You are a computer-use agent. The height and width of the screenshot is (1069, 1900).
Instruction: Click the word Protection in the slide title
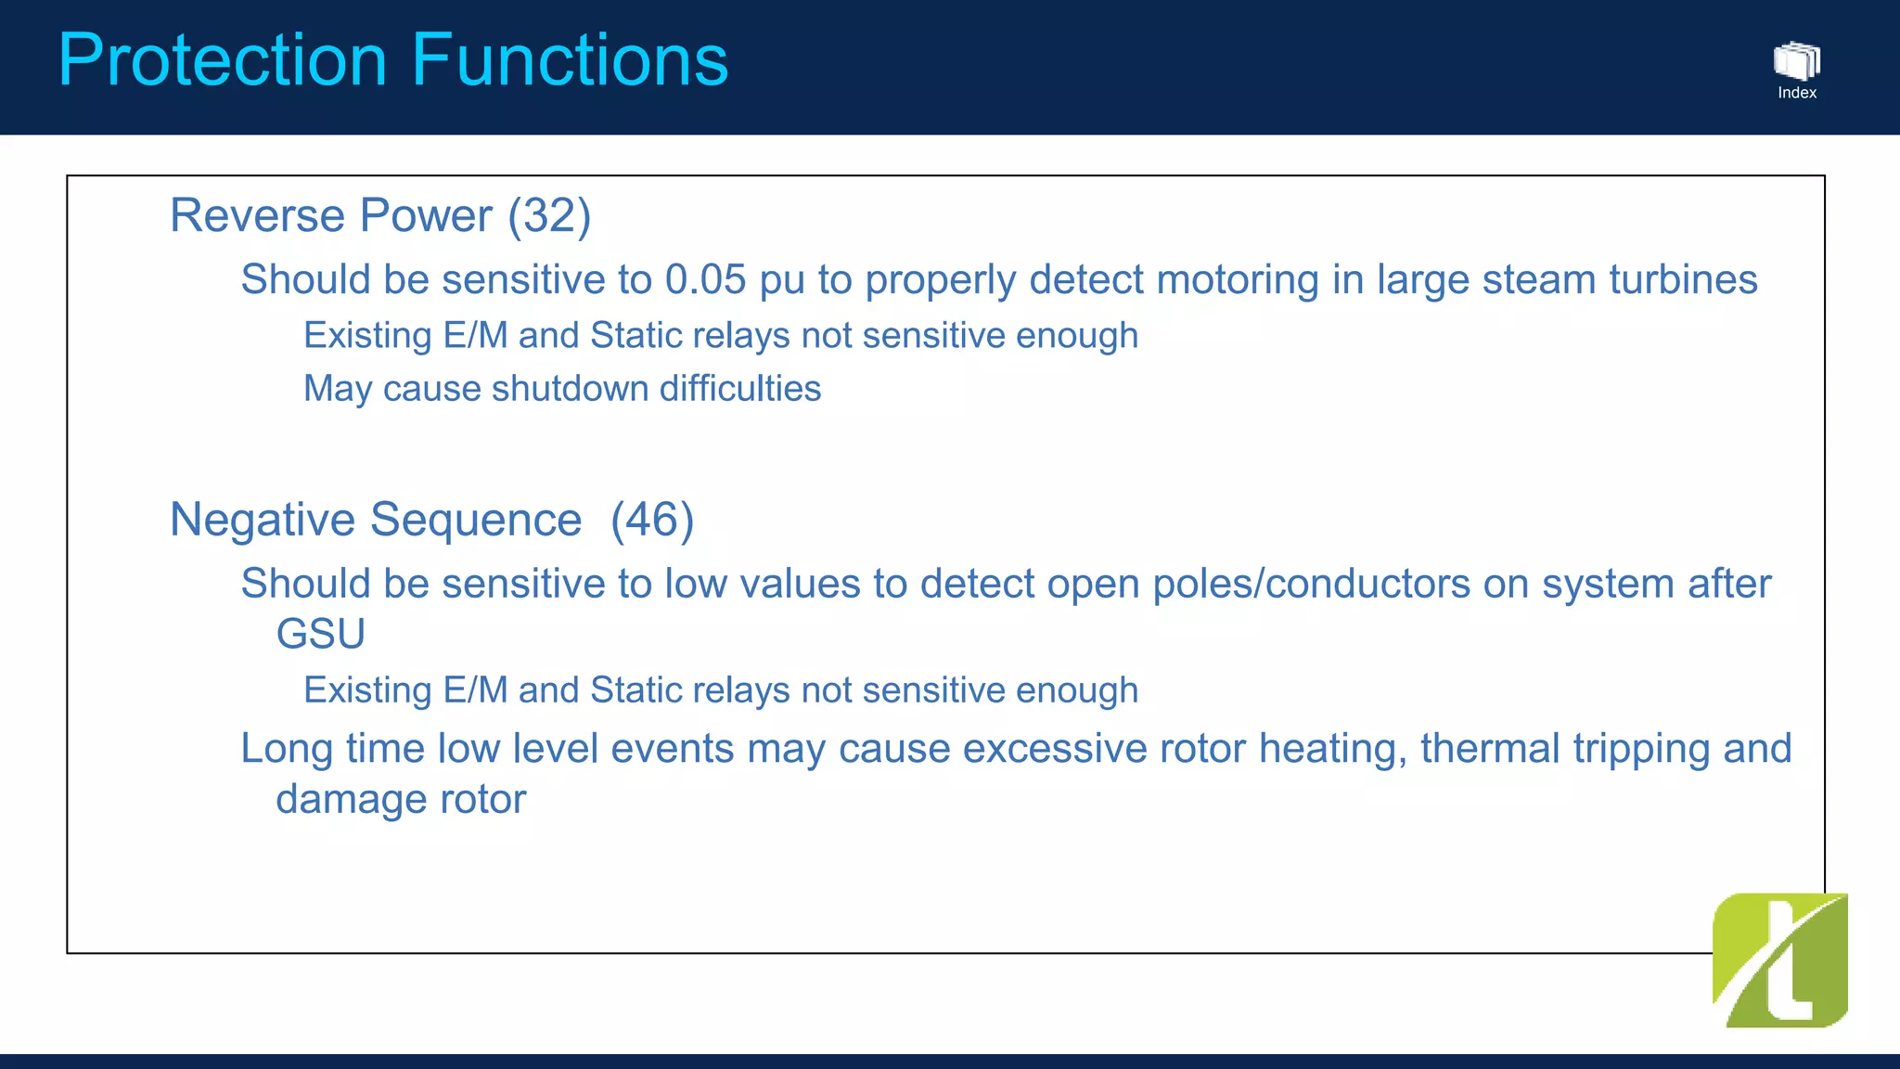pyautogui.click(x=223, y=60)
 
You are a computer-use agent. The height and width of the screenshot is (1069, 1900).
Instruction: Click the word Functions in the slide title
pyautogui.click(x=570, y=60)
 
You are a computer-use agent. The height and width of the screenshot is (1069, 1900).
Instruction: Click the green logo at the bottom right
pyautogui.click(x=1779, y=960)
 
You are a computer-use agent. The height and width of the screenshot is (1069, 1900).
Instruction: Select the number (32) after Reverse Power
pyautogui.click(x=549, y=216)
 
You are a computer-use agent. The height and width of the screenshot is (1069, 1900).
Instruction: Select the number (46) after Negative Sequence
pyautogui.click(x=652, y=520)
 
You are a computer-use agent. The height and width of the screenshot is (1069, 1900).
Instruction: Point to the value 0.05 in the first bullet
pyautogui.click(x=705, y=280)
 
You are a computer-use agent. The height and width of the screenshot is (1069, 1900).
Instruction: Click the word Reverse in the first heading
pyautogui.click(x=257, y=216)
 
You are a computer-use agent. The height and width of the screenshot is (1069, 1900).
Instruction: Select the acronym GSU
pyautogui.click(x=320, y=635)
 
